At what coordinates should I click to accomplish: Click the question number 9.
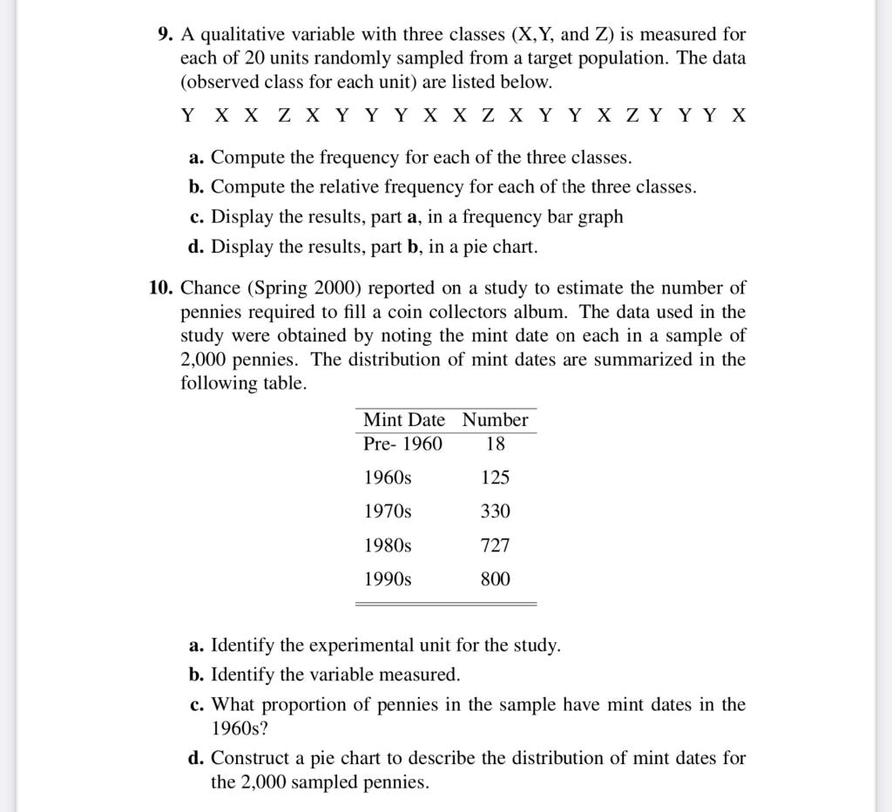click(166, 35)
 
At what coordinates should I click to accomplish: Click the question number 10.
click(161, 288)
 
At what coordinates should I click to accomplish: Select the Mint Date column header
click(403, 420)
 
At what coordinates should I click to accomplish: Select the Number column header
click(495, 420)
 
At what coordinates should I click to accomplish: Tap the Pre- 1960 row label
click(402, 443)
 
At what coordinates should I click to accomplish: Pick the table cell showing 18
click(495, 443)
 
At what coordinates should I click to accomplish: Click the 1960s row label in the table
click(388, 477)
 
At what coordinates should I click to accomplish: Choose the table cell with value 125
click(495, 477)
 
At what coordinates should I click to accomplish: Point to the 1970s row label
click(388, 511)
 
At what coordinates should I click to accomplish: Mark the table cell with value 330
click(495, 511)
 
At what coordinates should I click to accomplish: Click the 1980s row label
click(388, 545)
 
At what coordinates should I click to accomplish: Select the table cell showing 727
click(495, 545)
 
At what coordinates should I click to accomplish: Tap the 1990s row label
click(388, 579)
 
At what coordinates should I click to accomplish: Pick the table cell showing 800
click(495, 579)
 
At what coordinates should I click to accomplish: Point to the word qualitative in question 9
click(241, 35)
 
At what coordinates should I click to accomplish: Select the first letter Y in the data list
click(187, 116)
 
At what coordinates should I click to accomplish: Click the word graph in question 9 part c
click(600, 217)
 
